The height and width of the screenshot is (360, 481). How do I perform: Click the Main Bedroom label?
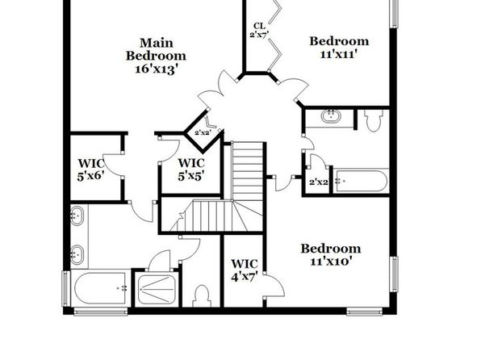(x=156, y=49)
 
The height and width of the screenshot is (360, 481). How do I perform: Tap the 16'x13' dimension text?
(x=157, y=69)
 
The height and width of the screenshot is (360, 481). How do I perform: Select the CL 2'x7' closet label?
(x=260, y=30)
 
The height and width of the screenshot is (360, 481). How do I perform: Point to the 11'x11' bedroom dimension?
(x=339, y=54)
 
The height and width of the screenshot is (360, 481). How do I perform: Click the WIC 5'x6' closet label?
(x=91, y=170)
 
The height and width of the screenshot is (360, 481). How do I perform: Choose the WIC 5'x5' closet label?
(x=191, y=170)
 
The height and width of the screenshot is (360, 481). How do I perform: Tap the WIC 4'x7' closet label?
(x=245, y=270)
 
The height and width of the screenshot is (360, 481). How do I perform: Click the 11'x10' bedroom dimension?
(x=331, y=262)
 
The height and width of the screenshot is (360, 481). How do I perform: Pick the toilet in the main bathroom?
(x=202, y=296)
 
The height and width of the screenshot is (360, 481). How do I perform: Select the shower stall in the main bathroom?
(x=157, y=289)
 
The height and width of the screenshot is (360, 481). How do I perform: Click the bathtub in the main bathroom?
(x=100, y=288)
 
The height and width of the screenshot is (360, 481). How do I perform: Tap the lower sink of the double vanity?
(x=77, y=255)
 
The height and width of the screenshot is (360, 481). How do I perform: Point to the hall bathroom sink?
(x=331, y=116)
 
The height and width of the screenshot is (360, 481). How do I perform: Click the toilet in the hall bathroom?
(x=374, y=120)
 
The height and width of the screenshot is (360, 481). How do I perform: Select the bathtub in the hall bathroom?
(x=361, y=181)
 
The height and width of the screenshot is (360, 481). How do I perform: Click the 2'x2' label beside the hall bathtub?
(x=319, y=182)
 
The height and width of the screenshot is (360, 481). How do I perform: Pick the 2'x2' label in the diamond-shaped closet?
(x=203, y=133)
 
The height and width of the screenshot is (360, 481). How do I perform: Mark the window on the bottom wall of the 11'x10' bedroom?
(x=365, y=312)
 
